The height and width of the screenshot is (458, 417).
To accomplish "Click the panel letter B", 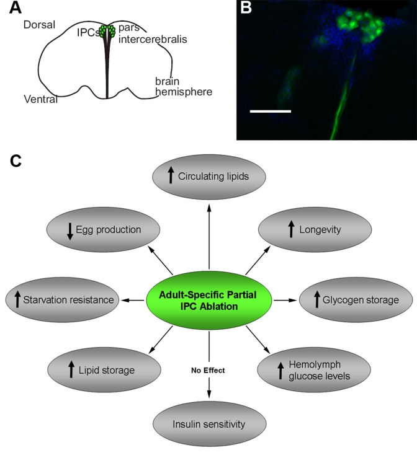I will point(246,8).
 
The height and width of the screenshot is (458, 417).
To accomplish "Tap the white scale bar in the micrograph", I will point(270,112).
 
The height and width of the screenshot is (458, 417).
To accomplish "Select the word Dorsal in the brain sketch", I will point(39,25).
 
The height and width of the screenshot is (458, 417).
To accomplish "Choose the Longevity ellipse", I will point(315,230).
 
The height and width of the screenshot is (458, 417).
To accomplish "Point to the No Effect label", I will point(208,371).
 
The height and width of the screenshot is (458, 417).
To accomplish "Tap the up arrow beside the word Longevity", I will point(290,230).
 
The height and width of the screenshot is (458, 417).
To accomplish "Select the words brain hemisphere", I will point(184,87).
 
